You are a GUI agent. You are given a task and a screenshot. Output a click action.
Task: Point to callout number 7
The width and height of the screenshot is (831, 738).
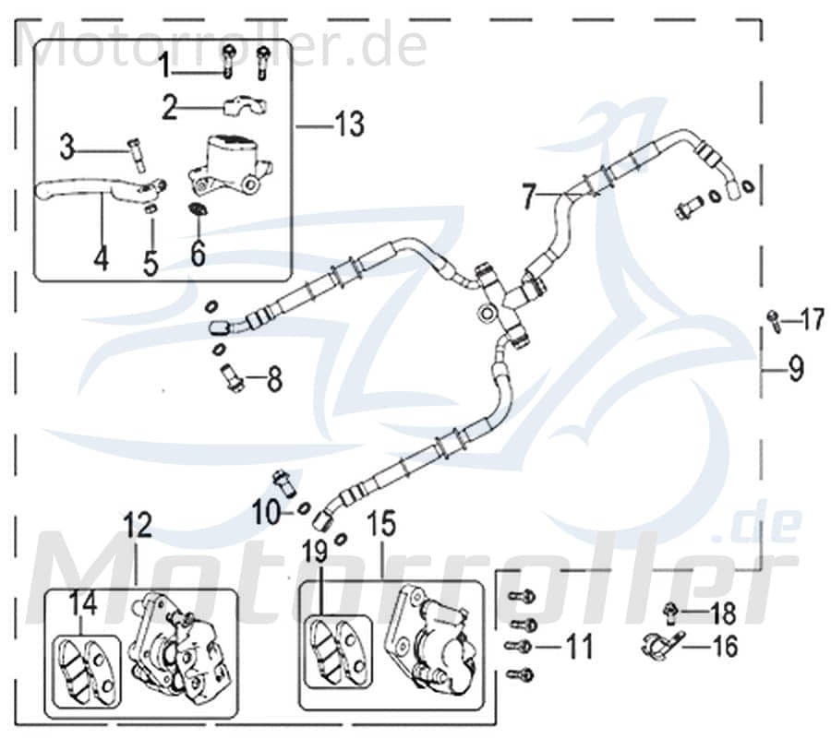528,196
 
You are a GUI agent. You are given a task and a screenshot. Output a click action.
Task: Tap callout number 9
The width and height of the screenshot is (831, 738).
796,370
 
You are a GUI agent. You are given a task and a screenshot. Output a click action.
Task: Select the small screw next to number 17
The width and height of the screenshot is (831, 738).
771,319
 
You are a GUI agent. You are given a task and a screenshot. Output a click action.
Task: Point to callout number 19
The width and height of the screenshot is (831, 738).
315,553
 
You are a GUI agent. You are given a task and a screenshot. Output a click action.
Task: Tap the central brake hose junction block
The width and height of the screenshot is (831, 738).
503,300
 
